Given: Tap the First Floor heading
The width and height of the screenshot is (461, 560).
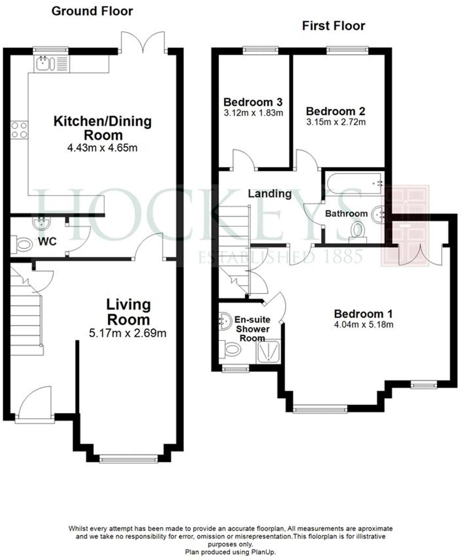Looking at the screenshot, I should pos(333,26).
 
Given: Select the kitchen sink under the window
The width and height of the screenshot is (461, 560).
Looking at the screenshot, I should pos(43,63).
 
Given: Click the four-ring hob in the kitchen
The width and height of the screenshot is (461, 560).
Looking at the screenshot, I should pos(19,130).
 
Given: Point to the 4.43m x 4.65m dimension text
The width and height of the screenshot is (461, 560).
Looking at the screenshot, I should pos(102,148).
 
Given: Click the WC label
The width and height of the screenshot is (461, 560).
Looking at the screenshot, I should pos(47,241).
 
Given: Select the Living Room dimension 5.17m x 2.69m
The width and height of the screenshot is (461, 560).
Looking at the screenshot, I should pos(127,333).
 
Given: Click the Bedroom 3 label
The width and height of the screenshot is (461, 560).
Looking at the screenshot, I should pos(253,102).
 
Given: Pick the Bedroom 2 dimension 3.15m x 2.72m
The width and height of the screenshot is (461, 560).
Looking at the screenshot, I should pos(336,122).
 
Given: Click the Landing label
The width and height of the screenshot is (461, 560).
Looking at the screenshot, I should pos(270,194).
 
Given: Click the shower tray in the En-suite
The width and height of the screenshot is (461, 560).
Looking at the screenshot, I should pos(268,352).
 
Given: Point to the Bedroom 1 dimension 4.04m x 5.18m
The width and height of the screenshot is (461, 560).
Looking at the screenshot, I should pos(363,325).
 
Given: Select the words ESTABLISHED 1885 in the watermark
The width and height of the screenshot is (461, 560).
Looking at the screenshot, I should pos(281,257).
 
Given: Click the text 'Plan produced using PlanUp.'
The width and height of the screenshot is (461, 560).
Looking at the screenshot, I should pos(230,552).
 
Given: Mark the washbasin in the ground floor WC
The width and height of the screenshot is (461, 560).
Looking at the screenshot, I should pos(41,223).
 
